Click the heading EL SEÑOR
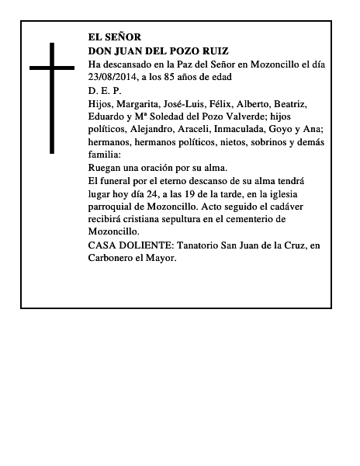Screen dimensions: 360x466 pos(115,37)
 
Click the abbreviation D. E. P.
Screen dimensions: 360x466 pos(105,90)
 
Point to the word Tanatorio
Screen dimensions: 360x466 pos(199,245)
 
